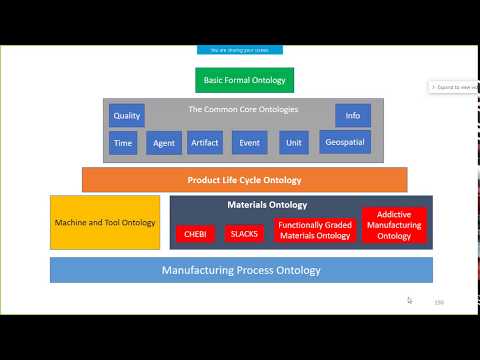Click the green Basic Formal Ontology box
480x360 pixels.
[244, 80]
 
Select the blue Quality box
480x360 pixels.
[127, 115]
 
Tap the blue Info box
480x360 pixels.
[352, 115]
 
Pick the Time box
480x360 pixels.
[124, 143]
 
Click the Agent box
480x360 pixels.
[164, 143]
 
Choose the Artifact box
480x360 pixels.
[205, 143]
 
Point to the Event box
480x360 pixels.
[249, 143]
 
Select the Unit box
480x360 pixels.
[294, 143]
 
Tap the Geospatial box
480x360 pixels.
[345, 142]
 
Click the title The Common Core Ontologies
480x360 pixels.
[243, 109]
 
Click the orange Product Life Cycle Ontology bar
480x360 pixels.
[244, 180]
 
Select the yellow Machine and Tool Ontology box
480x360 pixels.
[105, 222]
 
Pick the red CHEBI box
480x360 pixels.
[195, 233]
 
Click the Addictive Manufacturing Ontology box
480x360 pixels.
[394, 226]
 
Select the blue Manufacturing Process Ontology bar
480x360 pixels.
[241, 270]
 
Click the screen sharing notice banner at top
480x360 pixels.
[240, 49]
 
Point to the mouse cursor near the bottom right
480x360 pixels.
[409, 299]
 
